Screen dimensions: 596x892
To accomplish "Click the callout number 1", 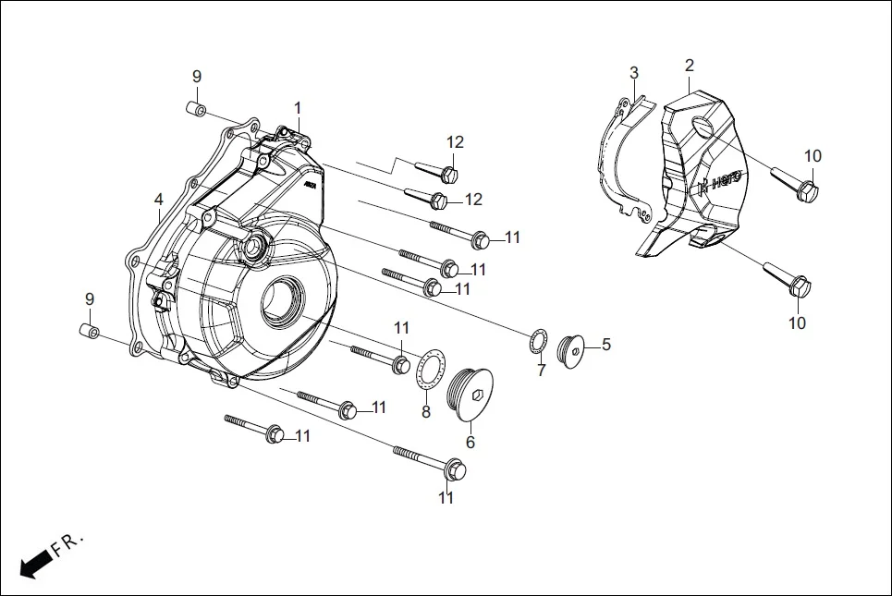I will pos(298,108).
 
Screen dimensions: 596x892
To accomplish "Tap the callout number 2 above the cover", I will pos(690,66).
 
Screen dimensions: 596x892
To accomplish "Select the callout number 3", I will pos(634,73).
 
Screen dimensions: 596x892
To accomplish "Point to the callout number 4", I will pos(159,199).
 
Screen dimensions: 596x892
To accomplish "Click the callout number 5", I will pos(606,345).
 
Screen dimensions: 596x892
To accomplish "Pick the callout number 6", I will pos(470,442).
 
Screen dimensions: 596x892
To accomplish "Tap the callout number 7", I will pos(542,371).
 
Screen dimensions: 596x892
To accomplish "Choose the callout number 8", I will pos(426,411).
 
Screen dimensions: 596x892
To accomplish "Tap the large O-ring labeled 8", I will pos(430,370).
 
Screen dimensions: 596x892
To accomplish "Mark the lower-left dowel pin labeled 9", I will pos(89,331).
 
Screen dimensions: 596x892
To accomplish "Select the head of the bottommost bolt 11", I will pos(454,470).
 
